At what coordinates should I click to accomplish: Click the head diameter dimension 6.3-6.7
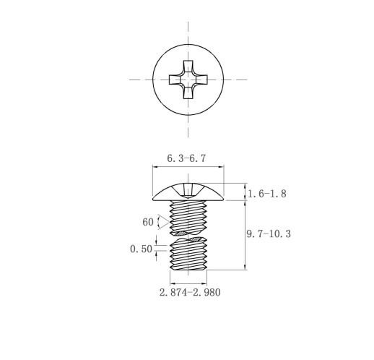tap(186, 158)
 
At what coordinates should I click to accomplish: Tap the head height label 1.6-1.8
tap(267, 194)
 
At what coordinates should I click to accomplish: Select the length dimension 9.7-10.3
tap(269, 233)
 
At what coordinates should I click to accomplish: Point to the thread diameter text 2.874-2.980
tap(190, 292)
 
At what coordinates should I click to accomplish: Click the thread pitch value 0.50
tap(141, 249)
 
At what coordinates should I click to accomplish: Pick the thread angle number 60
tap(148, 222)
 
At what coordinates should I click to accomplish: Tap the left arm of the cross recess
tap(175, 80)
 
